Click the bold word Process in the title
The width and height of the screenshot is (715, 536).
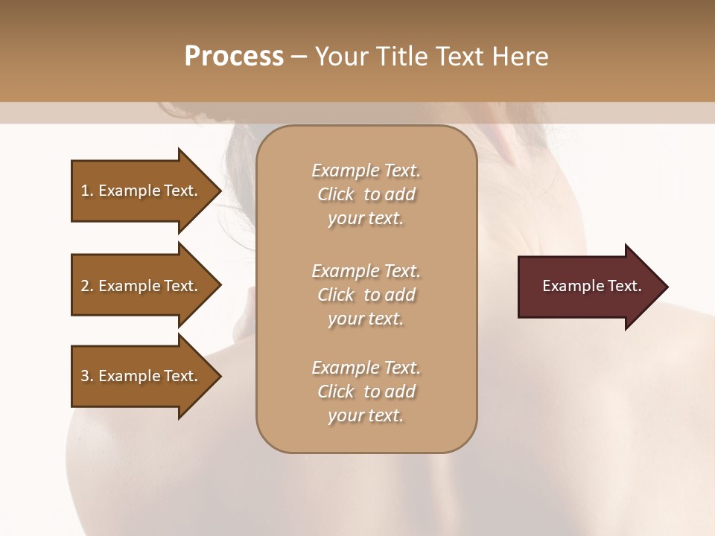(x=234, y=57)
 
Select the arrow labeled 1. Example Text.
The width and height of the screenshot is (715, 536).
(x=139, y=191)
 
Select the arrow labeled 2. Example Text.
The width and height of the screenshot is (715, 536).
(x=139, y=286)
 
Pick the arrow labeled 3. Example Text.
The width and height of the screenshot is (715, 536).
(x=139, y=376)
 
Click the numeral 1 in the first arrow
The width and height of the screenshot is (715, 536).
(x=85, y=191)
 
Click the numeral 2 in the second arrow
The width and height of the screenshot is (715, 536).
(x=85, y=286)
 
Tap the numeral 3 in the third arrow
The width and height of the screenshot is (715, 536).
(x=85, y=376)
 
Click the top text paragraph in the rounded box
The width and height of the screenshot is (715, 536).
(x=366, y=194)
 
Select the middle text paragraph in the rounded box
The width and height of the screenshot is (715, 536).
(x=366, y=295)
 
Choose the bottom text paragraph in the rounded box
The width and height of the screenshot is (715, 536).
(x=366, y=392)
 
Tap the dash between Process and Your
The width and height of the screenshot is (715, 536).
(x=299, y=57)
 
